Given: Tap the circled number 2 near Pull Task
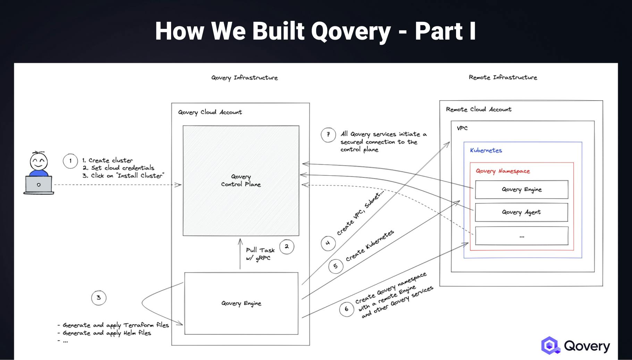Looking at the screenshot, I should [x=287, y=247].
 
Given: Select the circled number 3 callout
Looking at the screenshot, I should [x=99, y=298].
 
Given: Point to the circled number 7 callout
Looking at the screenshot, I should [x=328, y=134].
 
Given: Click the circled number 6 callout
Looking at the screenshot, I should [x=346, y=309].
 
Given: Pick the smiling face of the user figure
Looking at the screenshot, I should [x=39, y=161].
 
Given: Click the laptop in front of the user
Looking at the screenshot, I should [x=39, y=185].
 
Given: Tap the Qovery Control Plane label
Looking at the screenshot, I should [x=241, y=181].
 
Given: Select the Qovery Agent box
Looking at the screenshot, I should [x=521, y=212].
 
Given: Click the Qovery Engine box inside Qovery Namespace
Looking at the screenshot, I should [x=521, y=190].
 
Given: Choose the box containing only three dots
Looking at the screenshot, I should [x=521, y=236].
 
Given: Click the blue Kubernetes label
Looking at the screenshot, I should [x=486, y=150].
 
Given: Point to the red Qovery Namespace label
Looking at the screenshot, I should [x=503, y=171].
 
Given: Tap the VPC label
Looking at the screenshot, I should [x=462, y=128].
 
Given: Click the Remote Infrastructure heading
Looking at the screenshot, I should [x=503, y=77].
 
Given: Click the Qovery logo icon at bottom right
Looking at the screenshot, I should [x=550, y=345].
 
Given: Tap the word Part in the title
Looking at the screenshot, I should [x=439, y=31].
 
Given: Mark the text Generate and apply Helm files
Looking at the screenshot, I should [x=107, y=333].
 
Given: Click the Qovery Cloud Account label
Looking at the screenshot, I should [x=210, y=112].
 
